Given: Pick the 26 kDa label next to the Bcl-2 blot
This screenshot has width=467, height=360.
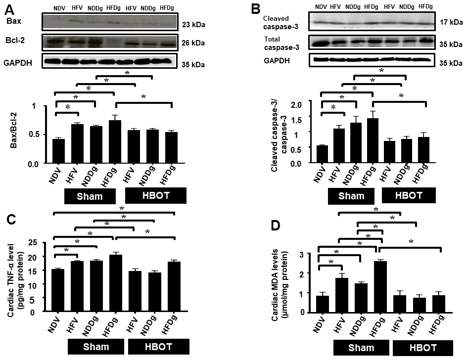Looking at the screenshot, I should click(x=192, y=43).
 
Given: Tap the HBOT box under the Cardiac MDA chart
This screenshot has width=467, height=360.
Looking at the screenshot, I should click(x=422, y=348).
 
